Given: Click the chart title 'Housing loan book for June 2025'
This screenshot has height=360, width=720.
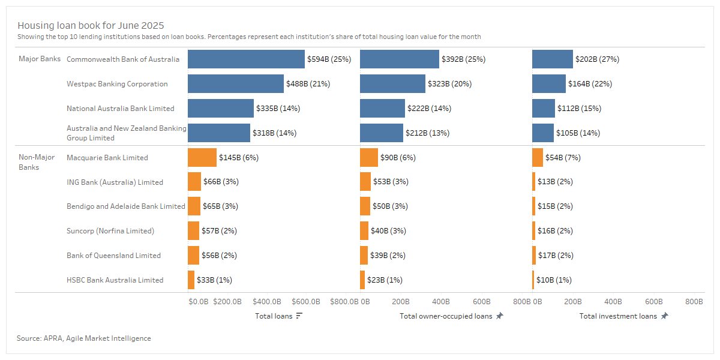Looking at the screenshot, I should pyautogui.click(x=91, y=26).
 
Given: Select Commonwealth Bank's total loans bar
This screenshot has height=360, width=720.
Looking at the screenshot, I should pyautogui.click(x=246, y=59).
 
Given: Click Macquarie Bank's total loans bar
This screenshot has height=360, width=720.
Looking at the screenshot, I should pyautogui.click(x=202, y=158).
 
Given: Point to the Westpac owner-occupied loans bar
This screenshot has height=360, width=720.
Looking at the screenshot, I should pyautogui.click(x=392, y=84).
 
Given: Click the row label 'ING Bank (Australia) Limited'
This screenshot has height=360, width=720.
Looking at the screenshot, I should pyautogui.click(x=115, y=182).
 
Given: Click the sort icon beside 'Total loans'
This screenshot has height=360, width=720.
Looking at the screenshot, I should pyautogui.click(x=299, y=316).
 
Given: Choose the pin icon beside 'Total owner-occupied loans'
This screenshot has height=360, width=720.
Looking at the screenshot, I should pyautogui.click(x=500, y=316).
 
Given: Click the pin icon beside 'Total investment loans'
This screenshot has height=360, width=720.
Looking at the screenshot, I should pyautogui.click(x=664, y=316).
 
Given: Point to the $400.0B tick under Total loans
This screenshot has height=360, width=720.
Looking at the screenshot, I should pyautogui.click(x=267, y=302).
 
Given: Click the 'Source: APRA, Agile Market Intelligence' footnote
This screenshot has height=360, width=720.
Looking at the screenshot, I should pyautogui.click(x=84, y=338).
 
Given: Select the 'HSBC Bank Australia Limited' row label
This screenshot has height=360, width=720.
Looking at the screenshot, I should pyautogui.click(x=115, y=280).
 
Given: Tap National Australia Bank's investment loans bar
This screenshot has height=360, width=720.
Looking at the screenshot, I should pyautogui.click(x=544, y=109).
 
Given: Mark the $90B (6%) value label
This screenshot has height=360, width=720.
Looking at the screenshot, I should pyautogui.click(x=398, y=158).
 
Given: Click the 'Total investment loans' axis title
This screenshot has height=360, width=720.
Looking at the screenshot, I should pyautogui.click(x=618, y=316).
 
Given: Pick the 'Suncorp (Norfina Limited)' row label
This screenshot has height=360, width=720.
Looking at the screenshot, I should pyautogui.click(x=110, y=231).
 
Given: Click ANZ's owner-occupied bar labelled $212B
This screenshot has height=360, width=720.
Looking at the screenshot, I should pyautogui.click(x=382, y=133).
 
